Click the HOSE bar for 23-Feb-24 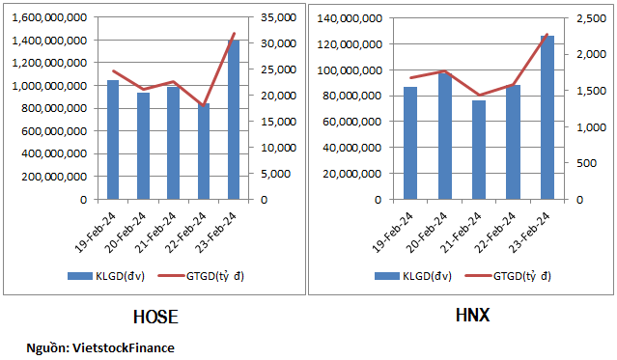tap(234, 120)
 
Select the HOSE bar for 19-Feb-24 tap(113, 140)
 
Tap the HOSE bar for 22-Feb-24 tap(204, 152)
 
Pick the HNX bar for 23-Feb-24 tap(547, 118)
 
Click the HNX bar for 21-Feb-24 tap(479, 150)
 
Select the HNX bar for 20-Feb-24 tap(445, 136)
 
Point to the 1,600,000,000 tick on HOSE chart tap(49, 17)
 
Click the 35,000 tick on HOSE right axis tap(279, 17)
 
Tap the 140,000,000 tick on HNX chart tap(350, 18)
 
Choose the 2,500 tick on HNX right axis tap(592, 18)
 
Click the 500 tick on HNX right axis tap(586, 163)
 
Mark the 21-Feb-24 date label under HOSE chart tap(155, 232)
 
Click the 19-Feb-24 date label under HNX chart tap(392, 232)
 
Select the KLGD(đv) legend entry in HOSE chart tap(106, 276)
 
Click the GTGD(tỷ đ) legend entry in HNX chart tap(508, 276)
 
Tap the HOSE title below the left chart tap(155, 318)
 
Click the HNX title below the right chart tap(472, 316)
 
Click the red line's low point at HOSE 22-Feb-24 tap(204, 106)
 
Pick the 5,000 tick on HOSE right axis tap(275, 174)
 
